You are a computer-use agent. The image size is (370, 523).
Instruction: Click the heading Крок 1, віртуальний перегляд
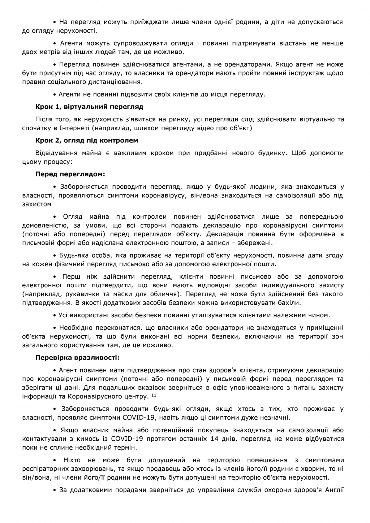(x=89, y=107)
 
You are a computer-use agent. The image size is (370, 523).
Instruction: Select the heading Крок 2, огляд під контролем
(x=87, y=140)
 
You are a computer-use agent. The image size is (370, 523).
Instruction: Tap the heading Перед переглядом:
(x=70, y=174)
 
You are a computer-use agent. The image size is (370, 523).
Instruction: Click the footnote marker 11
(x=154, y=395)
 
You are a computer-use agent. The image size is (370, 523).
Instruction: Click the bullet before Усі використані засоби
(x=55, y=315)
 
